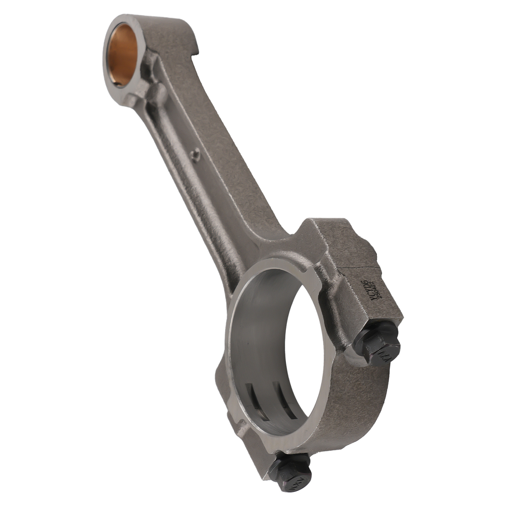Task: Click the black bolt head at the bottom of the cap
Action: click(290, 470)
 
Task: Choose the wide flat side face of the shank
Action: click(228, 167)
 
